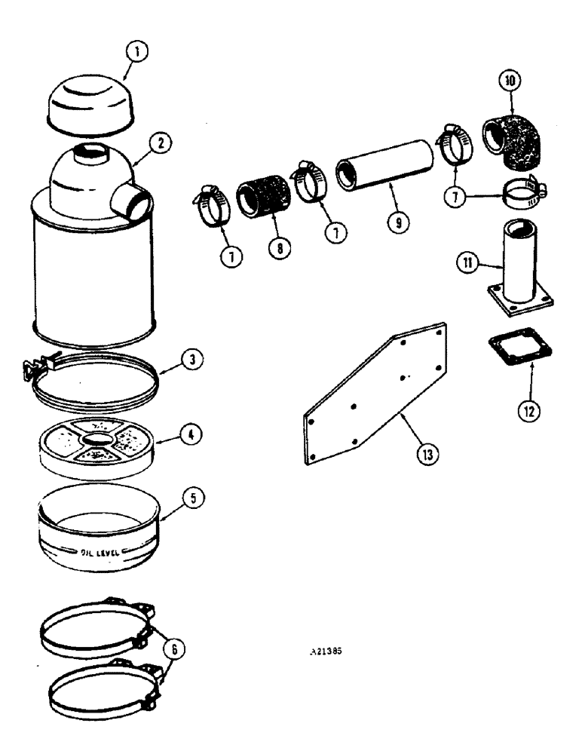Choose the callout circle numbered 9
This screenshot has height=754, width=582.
click(x=397, y=223)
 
